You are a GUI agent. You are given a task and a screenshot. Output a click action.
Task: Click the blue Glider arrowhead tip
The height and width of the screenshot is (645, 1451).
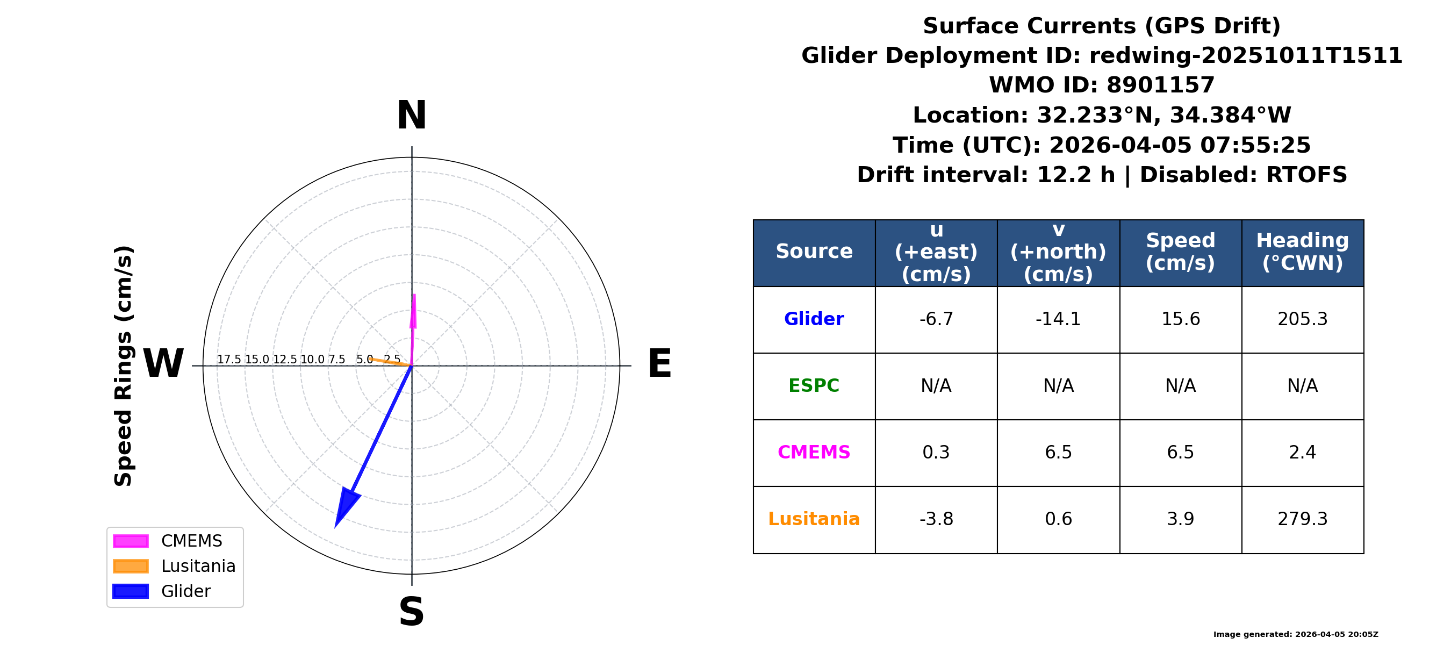(336, 527)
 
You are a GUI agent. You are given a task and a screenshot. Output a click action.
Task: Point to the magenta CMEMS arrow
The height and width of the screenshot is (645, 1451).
(413, 329)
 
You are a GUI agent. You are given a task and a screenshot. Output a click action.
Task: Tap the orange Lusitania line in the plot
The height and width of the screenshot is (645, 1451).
(391, 362)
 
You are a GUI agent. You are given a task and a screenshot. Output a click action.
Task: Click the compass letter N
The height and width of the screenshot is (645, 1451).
(412, 116)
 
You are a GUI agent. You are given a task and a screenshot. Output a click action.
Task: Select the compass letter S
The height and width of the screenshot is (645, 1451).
(412, 612)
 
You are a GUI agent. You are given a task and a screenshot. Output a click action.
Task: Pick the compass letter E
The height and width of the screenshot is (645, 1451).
(659, 363)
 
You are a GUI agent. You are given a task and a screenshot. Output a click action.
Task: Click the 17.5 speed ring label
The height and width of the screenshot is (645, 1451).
(229, 360)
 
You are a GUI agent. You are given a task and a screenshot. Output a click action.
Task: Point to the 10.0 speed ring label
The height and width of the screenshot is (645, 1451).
(312, 360)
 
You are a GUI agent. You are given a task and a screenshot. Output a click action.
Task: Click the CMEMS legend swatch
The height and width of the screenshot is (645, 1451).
(131, 541)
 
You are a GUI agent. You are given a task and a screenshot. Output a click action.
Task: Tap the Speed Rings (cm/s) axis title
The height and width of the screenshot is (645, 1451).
(124, 365)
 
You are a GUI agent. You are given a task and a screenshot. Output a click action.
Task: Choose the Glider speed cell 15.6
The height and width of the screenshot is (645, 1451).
(1181, 319)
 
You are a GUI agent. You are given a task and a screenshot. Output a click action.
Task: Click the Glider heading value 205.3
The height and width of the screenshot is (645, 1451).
(1302, 319)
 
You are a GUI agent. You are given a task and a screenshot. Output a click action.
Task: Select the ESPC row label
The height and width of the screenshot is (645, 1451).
(814, 386)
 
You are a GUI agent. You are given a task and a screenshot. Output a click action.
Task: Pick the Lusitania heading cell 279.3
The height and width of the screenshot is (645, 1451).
(1302, 519)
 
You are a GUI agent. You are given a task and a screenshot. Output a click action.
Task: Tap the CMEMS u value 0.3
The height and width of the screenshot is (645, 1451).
(936, 453)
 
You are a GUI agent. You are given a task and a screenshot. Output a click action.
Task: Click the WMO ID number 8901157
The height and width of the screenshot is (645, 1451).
(1160, 85)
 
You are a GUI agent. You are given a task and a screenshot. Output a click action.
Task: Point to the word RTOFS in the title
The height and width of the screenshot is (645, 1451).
(1306, 175)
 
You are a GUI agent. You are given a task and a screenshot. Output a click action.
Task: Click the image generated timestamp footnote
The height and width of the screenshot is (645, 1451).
(1296, 634)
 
